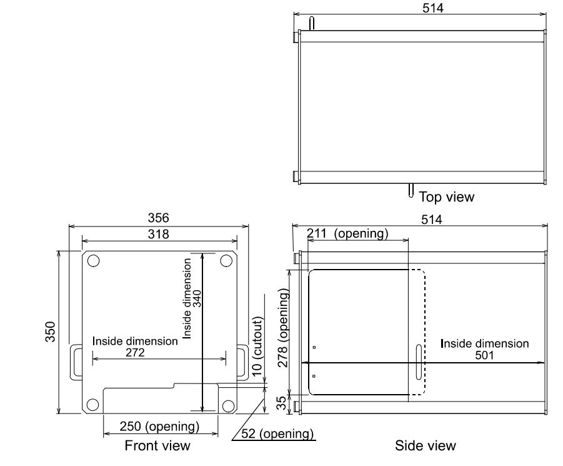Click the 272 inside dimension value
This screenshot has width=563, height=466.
tap(136, 353)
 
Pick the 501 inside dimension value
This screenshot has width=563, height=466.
tap(485, 355)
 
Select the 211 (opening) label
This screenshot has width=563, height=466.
tap(347, 234)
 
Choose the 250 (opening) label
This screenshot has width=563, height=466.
tap(160, 427)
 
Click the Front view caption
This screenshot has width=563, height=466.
tap(157, 446)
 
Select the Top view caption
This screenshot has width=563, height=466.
tap(446, 197)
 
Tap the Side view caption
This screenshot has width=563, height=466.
tap(426, 446)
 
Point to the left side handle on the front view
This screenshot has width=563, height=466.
tap(76, 362)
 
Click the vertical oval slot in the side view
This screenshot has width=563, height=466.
tap(417, 362)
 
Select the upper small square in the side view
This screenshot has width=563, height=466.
tap(314, 348)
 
